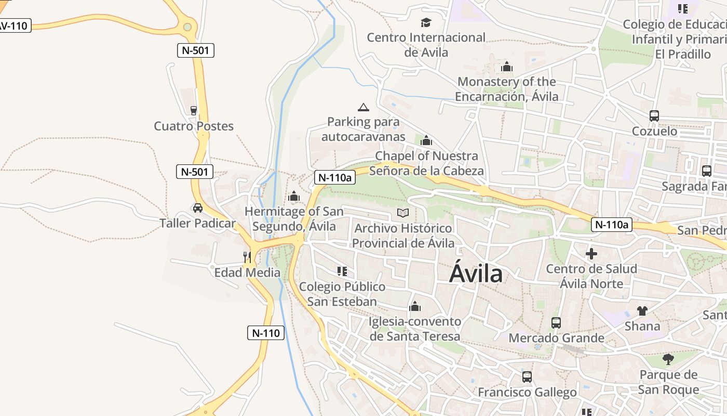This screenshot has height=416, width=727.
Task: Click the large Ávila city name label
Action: (476, 273)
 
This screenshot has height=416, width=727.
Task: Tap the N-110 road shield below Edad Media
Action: (266, 333)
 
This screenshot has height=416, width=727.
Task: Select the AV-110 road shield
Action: (14, 25)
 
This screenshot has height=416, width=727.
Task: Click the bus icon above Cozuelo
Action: (654, 116)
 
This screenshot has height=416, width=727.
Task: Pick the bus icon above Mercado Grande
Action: (556, 323)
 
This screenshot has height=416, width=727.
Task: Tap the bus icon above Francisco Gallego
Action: (527, 377)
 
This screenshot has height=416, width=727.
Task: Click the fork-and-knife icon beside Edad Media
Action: (247, 257)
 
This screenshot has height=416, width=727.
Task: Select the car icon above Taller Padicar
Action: (197, 208)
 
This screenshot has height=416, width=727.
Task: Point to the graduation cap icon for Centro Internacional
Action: (426, 22)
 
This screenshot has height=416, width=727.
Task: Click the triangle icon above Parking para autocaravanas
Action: (363, 107)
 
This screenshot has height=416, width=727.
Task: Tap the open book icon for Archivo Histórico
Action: (403, 213)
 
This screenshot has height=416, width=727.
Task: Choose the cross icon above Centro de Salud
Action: (591, 254)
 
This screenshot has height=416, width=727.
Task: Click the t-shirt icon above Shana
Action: (642, 311)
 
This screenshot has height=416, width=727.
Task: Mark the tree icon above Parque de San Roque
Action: (668, 359)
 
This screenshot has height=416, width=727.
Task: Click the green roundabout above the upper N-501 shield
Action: (187, 27)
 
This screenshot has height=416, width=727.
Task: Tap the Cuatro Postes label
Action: (194, 126)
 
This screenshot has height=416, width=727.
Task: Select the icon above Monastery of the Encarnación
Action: (507, 67)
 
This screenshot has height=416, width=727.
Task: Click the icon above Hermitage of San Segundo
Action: (294, 197)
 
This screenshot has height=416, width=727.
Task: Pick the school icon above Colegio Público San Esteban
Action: (342, 271)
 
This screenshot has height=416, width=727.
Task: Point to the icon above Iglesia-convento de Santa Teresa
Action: (414, 307)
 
